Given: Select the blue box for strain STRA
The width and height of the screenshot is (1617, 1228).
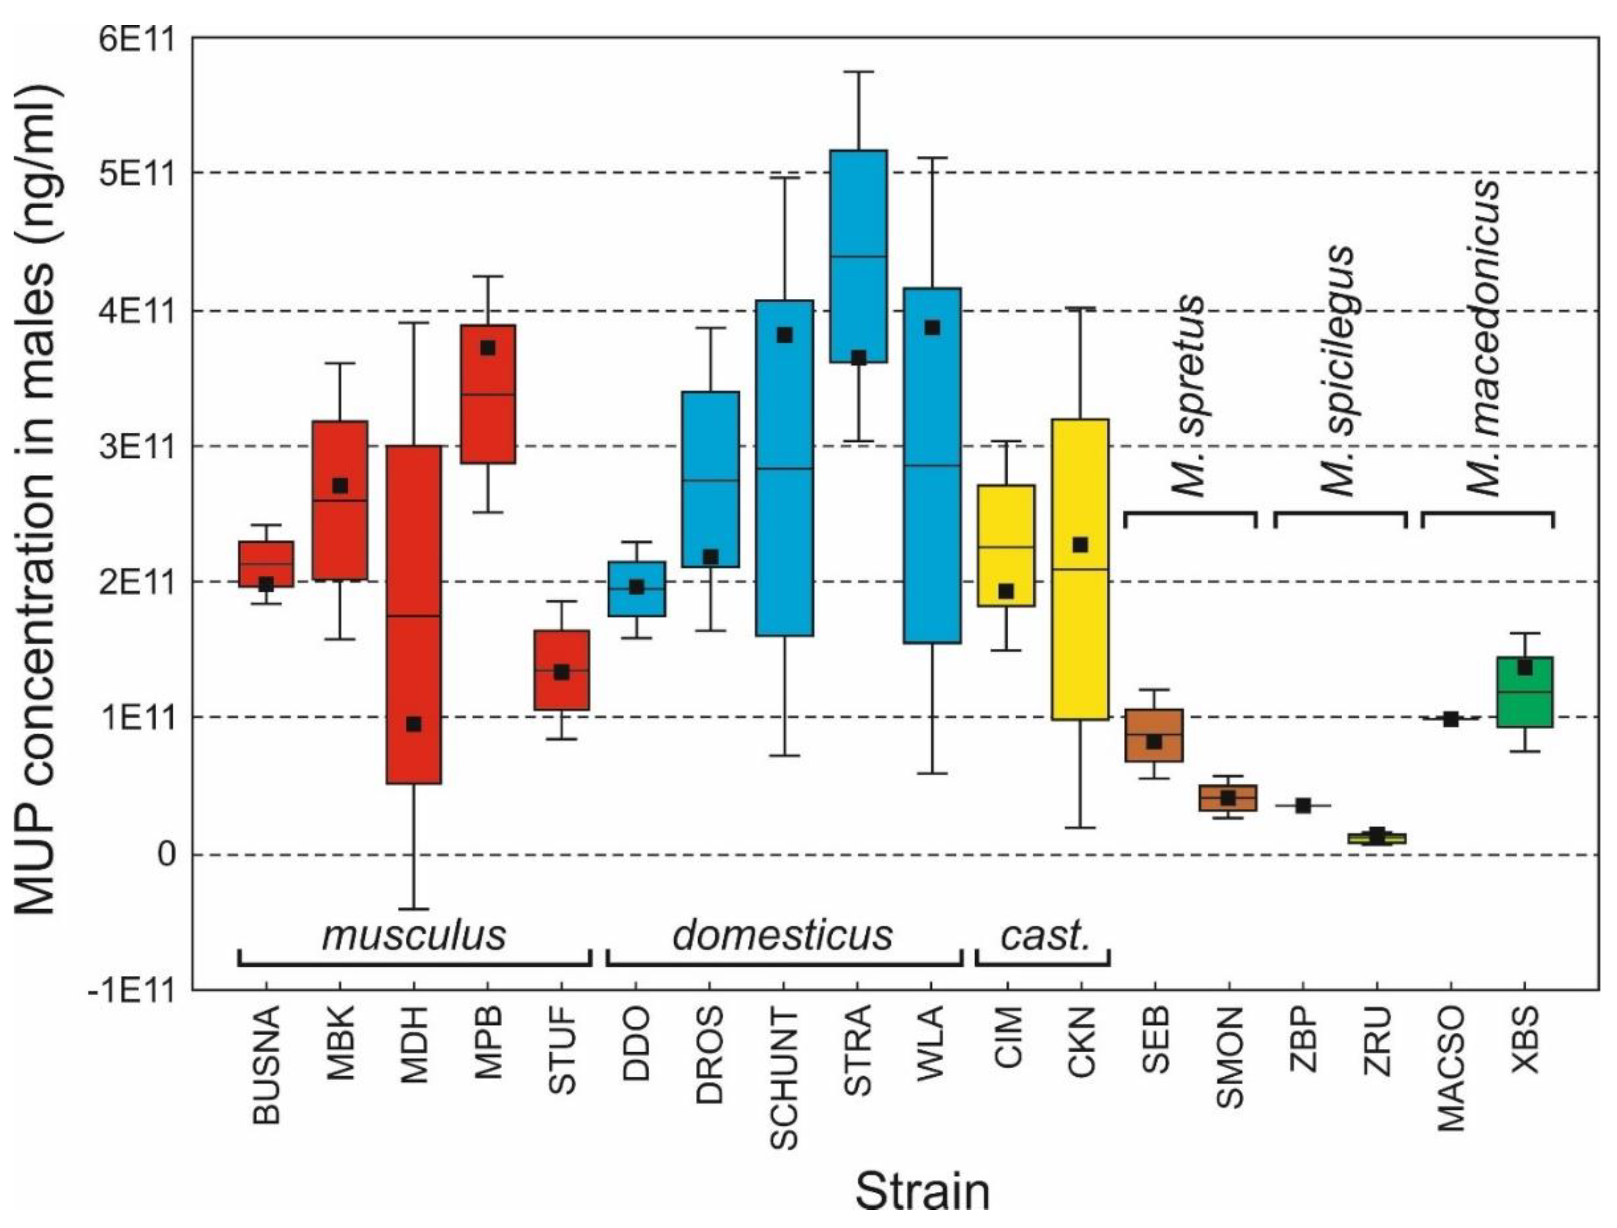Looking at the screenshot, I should click(x=858, y=220).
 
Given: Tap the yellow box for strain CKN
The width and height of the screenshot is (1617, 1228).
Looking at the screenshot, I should click(x=1080, y=643).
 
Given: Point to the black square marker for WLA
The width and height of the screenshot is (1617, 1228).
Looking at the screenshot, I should click(x=932, y=328).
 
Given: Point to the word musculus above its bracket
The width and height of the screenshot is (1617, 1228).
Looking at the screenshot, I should click(x=414, y=935).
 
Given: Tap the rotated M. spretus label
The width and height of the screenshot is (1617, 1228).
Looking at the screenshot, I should click(x=1189, y=395).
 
